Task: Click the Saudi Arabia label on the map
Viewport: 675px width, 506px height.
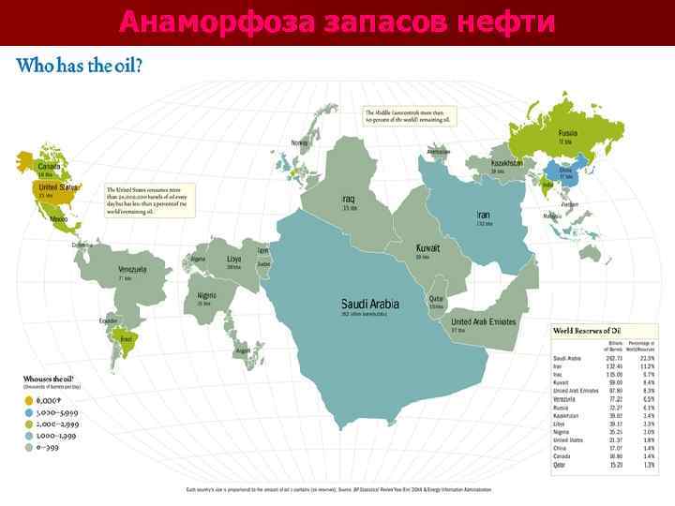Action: point(369,304)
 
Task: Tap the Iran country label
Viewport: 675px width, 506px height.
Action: point(483,215)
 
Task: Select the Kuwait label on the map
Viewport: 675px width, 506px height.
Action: point(428,248)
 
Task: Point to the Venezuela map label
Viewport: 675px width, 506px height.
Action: point(131,269)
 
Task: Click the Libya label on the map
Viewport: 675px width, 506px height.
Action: point(234,259)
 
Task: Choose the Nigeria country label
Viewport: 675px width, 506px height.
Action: point(206,296)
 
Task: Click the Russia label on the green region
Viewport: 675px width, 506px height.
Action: point(568,133)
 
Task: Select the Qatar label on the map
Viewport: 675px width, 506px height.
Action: point(437,299)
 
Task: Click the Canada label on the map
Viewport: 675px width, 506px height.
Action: point(49,167)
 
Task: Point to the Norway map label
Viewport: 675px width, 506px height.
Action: point(299,142)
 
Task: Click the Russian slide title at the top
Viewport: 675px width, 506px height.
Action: point(337,21)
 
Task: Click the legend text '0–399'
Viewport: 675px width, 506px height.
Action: point(48,446)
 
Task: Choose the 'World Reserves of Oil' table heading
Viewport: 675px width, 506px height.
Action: point(587,331)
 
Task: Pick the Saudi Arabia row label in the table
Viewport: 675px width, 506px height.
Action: point(568,358)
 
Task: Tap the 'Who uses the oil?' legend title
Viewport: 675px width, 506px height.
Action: point(48,379)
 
